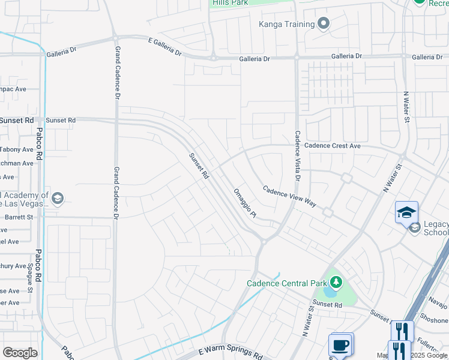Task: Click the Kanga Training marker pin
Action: point(324,24)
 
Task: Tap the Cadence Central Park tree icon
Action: point(337,282)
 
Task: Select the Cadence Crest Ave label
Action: point(333,146)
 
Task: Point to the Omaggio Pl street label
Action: point(244,203)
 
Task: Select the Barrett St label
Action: point(19,217)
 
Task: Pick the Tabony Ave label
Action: point(17,149)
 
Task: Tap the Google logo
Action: point(20,353)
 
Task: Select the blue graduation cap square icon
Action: point(406,212)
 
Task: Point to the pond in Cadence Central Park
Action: point(330,293)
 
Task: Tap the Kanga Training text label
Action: point(287,24)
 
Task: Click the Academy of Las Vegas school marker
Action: point(58,198)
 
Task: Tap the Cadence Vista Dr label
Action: point(297,156)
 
